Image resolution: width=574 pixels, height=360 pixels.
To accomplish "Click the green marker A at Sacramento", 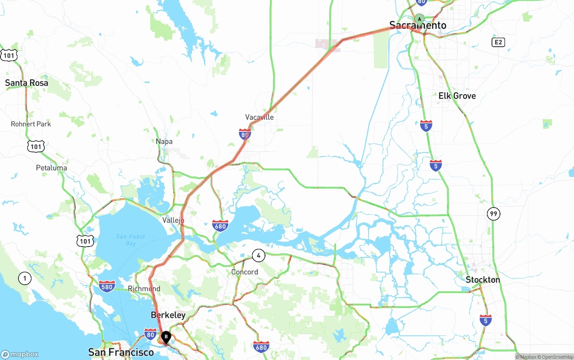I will point(419,19).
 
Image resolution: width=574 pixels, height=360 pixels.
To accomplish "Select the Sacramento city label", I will point(417,26).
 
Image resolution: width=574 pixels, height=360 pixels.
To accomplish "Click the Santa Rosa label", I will point(26,83).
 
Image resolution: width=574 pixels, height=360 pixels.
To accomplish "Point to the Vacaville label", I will point(259,117).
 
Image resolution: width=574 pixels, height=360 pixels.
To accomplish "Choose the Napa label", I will point(164,141).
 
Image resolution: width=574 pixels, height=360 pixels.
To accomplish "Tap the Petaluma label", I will point(52,168).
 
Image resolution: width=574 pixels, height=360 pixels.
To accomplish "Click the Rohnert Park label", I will point(31,124).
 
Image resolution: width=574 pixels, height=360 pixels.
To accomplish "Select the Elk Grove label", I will point(457,96).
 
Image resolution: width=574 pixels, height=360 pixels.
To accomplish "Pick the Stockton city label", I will point(483,280).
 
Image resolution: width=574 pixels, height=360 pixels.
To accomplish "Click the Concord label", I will point(244,272).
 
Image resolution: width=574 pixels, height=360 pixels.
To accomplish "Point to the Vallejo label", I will point(173,220).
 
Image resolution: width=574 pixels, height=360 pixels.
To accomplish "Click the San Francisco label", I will point(121,352).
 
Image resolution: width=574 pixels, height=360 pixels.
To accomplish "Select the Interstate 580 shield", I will point(107,286).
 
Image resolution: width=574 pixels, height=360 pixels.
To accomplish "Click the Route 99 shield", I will point(494,214).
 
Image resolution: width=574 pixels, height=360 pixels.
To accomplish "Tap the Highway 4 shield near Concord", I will point(258,256).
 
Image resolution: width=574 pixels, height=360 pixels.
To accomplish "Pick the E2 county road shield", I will point(498,42).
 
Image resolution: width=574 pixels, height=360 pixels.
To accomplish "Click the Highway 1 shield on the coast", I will point(25,278).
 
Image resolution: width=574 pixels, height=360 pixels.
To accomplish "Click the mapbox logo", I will point(20,355).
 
